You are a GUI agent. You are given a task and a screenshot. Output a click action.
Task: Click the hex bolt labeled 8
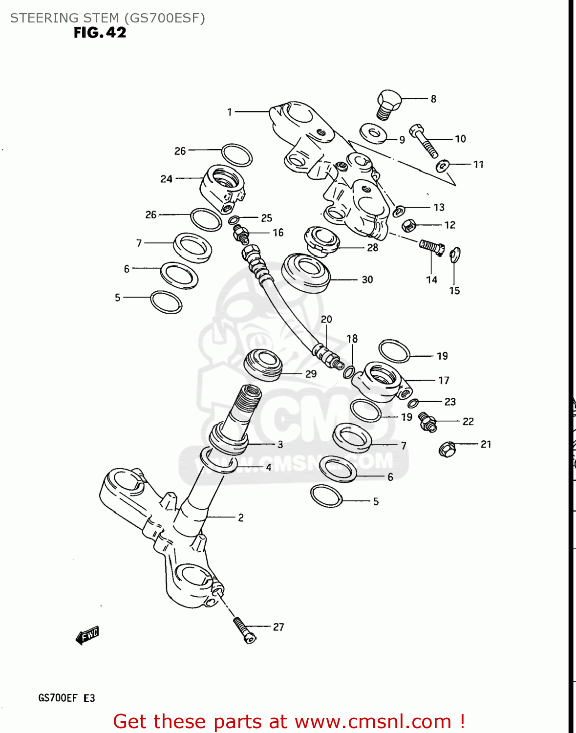(388, 103)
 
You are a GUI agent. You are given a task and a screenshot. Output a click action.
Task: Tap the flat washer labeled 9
(373, 133)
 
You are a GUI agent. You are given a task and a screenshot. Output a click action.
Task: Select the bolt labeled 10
(424, 141)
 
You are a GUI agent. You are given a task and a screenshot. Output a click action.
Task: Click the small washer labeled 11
(443, 166)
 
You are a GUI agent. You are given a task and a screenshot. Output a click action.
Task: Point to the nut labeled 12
(408, 225)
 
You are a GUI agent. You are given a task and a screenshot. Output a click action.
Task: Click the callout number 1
(230, 112)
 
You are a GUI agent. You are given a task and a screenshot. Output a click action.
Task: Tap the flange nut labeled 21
(447, 449)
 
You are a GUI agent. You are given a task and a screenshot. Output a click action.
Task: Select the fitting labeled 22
(427, 422)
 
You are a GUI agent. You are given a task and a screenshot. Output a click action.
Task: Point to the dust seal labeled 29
(263, 365)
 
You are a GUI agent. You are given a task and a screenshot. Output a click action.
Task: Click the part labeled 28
(321, 240)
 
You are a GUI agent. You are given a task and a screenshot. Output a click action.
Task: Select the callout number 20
(326, 319)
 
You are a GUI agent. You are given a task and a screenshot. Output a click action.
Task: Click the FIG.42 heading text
(100, 33)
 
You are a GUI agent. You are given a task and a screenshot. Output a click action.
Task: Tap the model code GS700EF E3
(66, 698)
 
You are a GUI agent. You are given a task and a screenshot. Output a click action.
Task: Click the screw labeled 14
(431, 247)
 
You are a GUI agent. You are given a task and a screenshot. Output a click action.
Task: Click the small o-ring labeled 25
(234, 220)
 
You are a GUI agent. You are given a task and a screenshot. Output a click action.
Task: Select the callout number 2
(240, 517)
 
